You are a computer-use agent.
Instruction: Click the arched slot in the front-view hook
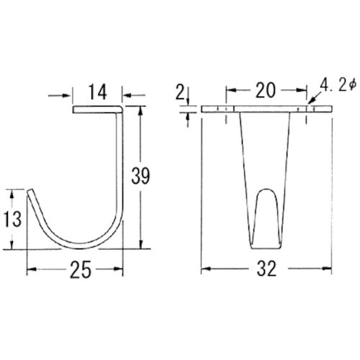[266, 212]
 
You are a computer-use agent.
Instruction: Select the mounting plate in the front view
[266, 110]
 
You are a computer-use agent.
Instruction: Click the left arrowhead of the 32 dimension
[204, 270]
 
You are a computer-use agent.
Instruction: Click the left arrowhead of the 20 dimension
[230, 91]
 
